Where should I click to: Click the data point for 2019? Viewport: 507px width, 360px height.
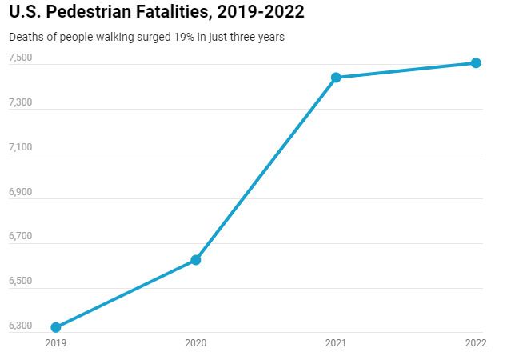click(x=55, y=327)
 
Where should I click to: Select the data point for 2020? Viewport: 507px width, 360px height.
click(x=195, y=260)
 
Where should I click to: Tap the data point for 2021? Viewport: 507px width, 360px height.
click(x=336, y=78)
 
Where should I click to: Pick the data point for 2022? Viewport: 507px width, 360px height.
click(x=476, y=62)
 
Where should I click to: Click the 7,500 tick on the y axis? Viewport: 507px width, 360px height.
click(x=20, y=58)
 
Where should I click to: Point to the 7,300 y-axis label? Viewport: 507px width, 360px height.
click(x=20, y=102)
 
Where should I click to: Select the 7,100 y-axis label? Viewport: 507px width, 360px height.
click(x=20, y=147)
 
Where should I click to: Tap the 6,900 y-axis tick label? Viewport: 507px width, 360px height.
click(x=20, y=192)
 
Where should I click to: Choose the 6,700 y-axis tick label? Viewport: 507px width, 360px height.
click(x=20, y=237)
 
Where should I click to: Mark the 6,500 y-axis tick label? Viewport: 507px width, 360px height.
click(x=20, y=282)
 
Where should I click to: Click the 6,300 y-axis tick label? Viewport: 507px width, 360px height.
click(x=20, y=326)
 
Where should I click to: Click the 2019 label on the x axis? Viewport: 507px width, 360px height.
click(x=55, y=343)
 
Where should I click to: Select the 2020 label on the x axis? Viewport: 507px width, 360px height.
click(x=195, y=343)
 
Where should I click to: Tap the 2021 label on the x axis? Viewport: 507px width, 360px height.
click(x=336, y=343)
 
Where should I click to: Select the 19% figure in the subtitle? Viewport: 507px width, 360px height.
click(x=164, y=37)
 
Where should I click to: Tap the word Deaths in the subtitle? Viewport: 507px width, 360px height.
click(x=24, y=37)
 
